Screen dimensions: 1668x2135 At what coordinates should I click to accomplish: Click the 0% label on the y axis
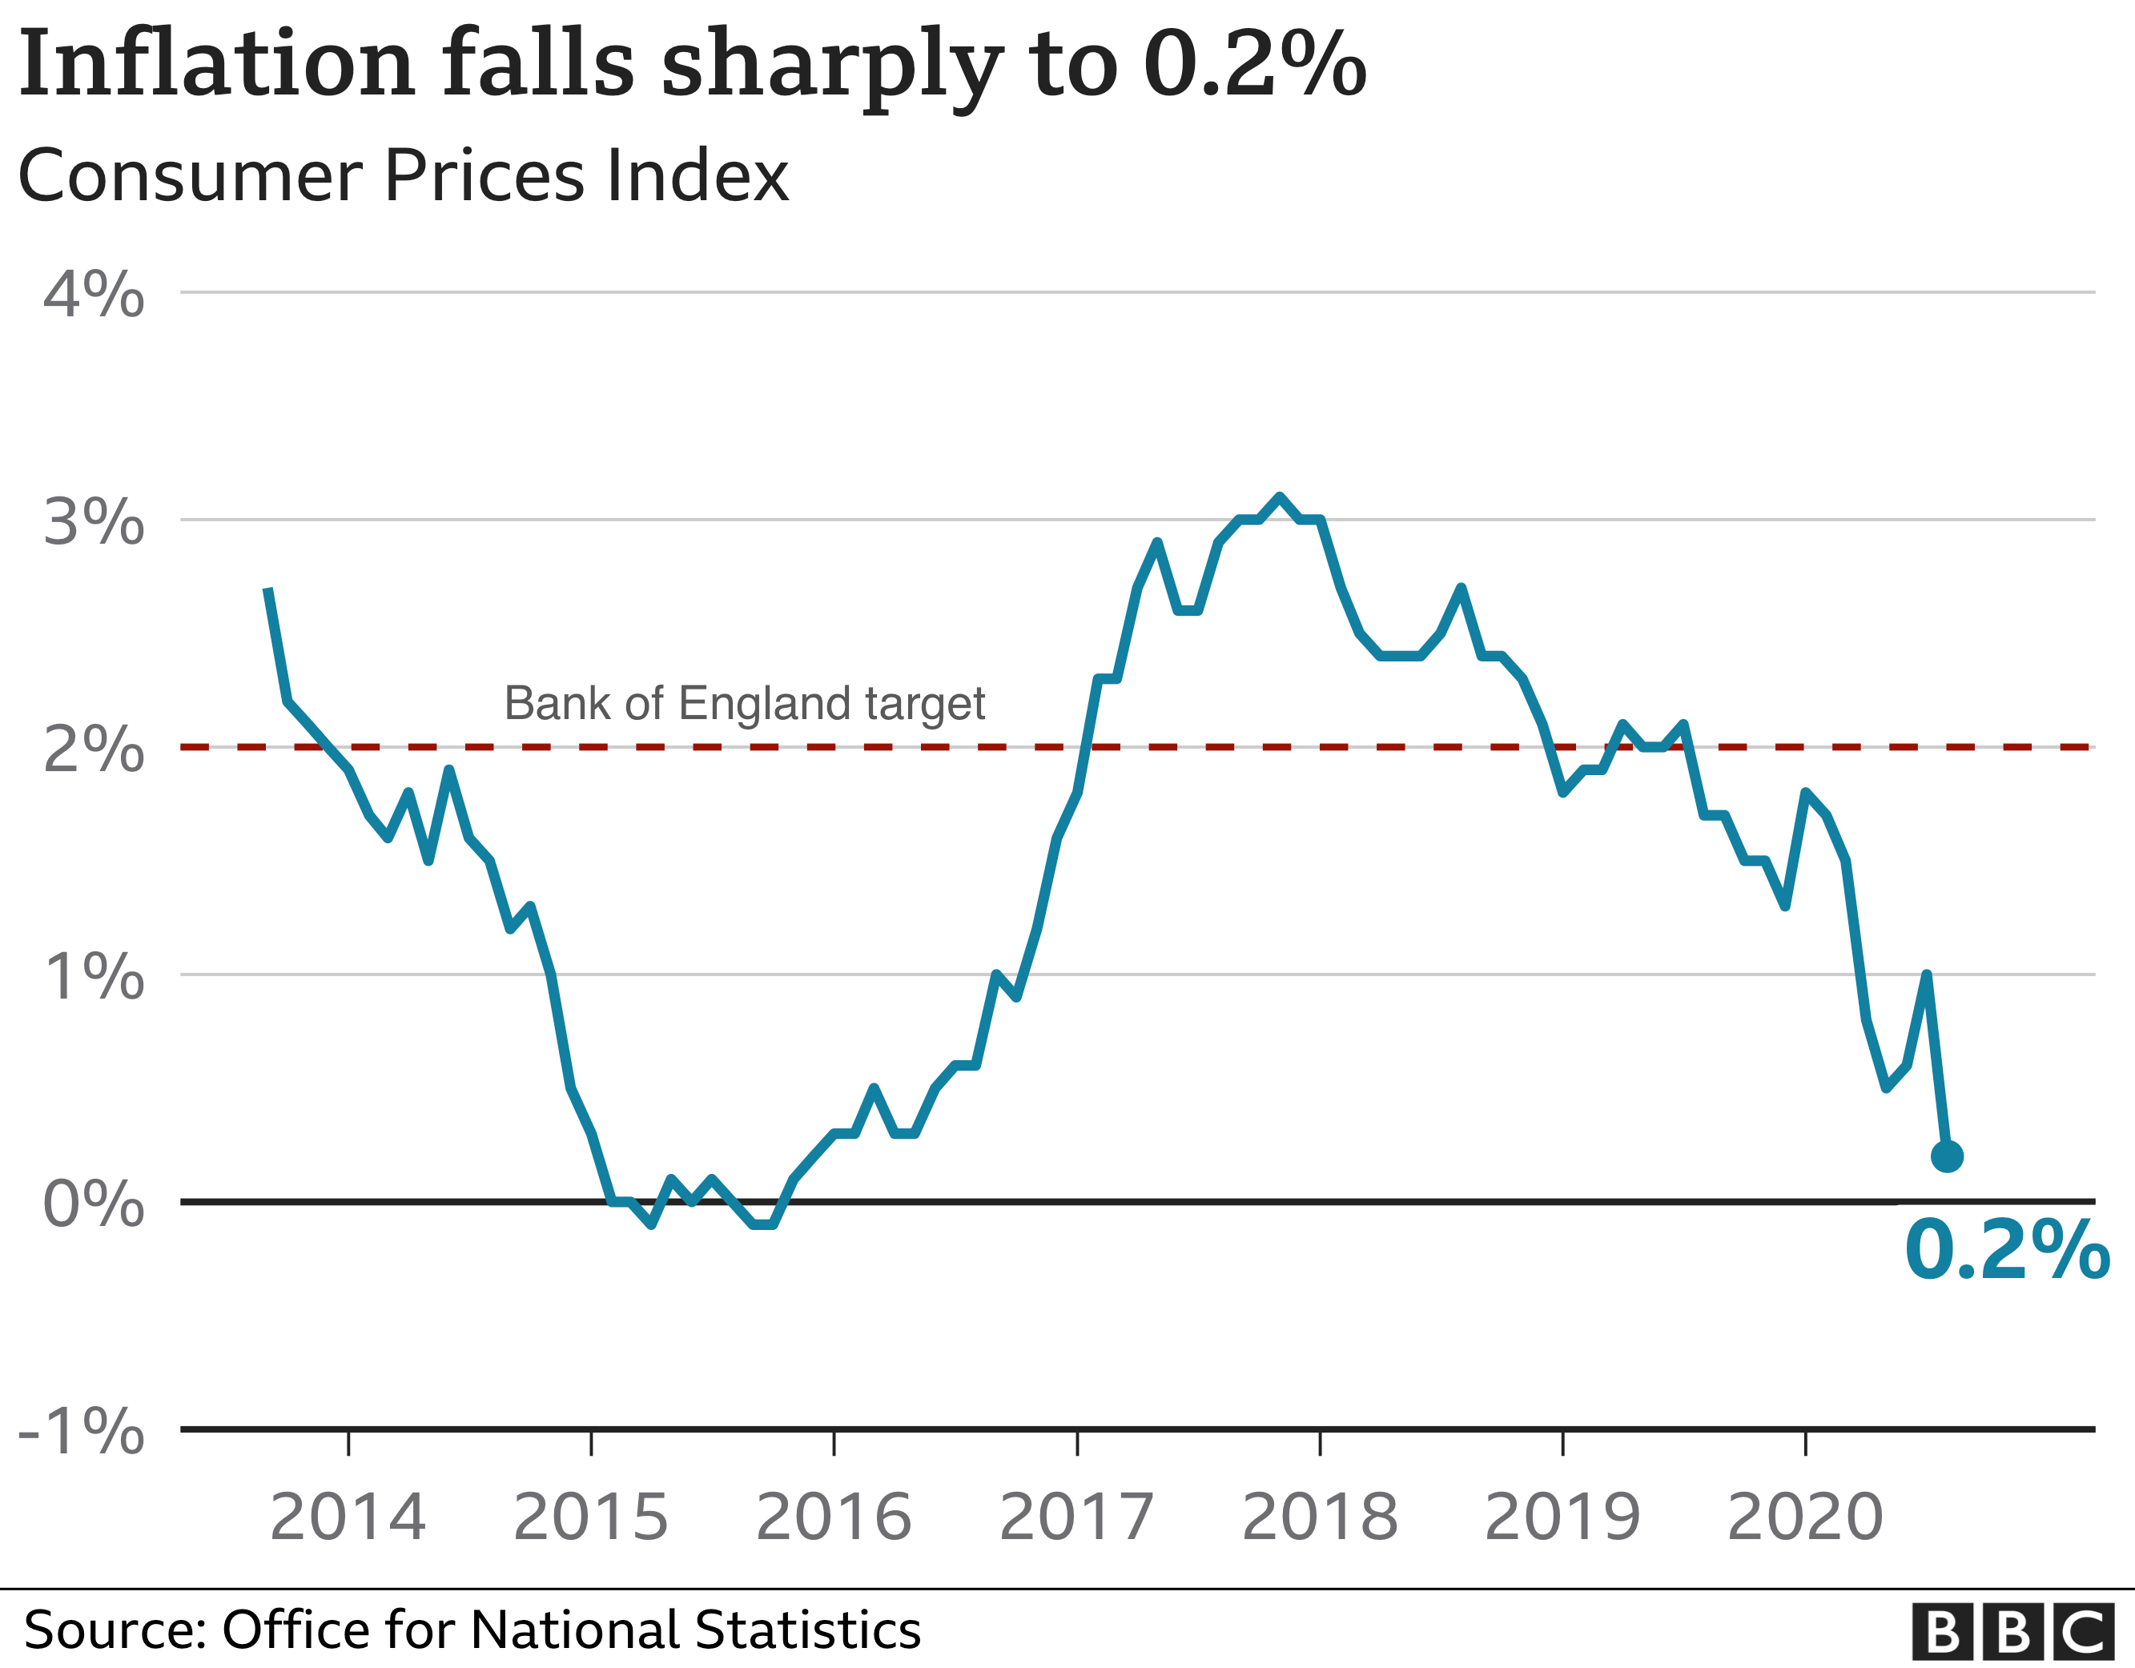[x=94, y=1204]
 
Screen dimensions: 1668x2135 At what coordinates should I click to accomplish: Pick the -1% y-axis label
[x=82, y=1432]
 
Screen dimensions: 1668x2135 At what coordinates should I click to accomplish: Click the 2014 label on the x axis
[x=348, y=1517]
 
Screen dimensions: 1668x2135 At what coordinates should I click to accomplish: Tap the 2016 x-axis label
[x=834, y=1517]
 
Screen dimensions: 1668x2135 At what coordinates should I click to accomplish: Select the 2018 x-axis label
[x=1320, y=1517]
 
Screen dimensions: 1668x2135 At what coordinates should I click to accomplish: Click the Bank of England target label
[x=744, y=703]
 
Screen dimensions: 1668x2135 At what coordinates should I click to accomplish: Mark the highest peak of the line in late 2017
[x=1280, y=496]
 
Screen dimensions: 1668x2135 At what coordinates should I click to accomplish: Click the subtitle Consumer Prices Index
[x=403, y=176]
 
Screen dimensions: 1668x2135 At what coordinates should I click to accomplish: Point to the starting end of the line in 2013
[x=267, y=589]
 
